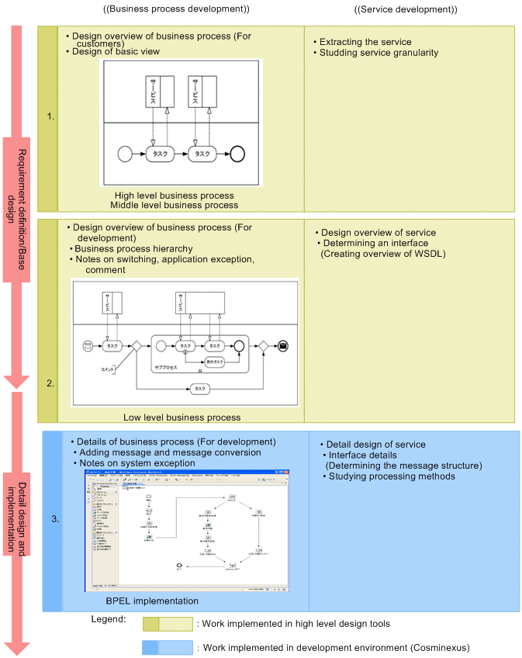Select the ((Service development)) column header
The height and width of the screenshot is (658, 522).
coord(405,9)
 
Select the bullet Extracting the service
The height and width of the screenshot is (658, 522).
coord(365,42)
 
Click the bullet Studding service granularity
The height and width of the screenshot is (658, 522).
coord(378,53)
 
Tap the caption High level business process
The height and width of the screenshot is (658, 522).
coord(174,195)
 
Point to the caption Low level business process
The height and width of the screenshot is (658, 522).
coord(181,417)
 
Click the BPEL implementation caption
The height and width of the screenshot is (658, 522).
coord(151,601)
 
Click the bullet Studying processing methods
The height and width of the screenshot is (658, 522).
coord(391,476)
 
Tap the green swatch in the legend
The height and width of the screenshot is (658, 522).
coord(166,624)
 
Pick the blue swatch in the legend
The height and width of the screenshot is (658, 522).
coord(166,647)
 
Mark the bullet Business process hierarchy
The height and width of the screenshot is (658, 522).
coord(133,248)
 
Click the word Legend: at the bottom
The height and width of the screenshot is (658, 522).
coord(109,620)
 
